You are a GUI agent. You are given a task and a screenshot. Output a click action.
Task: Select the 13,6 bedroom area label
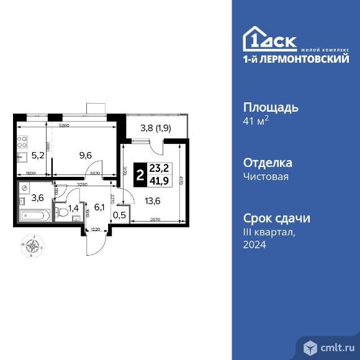[x=151, y=200]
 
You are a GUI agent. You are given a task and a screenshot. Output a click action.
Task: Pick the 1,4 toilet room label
[x=73, y=208]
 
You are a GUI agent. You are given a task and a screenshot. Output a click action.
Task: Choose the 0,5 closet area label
[x=119, y=215]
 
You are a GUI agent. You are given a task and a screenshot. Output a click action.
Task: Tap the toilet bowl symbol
[x=61, y=212]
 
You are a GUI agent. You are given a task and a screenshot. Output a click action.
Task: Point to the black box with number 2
[x=140, y=175]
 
